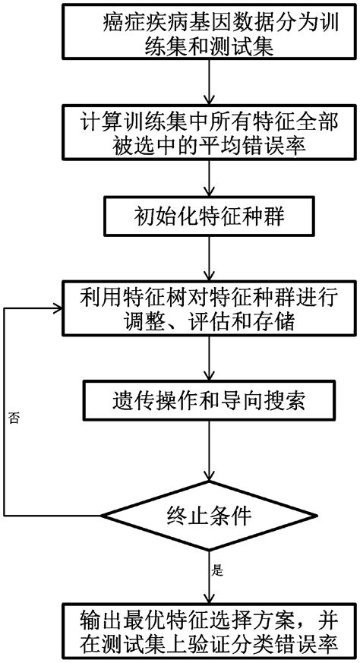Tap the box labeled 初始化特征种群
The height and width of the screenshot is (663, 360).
[x=207, y=218]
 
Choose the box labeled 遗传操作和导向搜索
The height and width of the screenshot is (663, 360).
[x=207, y=397]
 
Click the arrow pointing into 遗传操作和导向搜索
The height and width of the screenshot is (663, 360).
[x=207, y=357]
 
